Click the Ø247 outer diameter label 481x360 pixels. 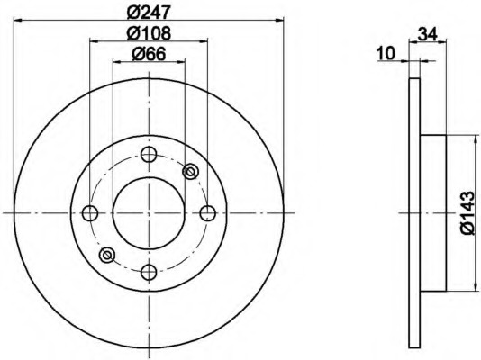(149, 12)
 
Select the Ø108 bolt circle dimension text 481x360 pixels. (149, 33)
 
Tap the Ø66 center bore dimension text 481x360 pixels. (149, 54)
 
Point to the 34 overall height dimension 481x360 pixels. (428, 34)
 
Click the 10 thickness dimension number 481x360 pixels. (386, 54)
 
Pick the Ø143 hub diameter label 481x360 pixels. (467, 212)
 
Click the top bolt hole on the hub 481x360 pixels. (149, 154)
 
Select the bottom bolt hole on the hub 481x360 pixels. (149, 272)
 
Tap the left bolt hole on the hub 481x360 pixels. (90, 213)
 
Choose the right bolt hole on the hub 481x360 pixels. (208, 213)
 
